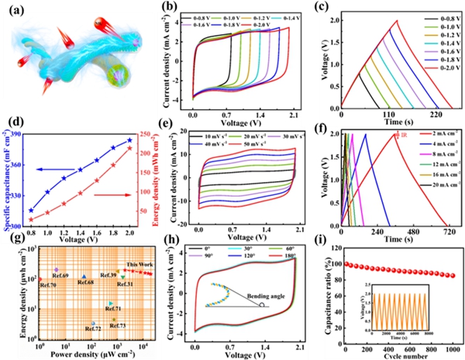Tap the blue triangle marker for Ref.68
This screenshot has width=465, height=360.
point(84,276)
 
